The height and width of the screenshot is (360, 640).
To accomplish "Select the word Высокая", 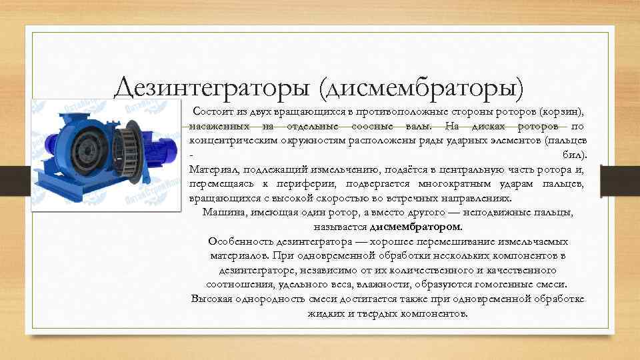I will pyautogui.click(x=211, y=299).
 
